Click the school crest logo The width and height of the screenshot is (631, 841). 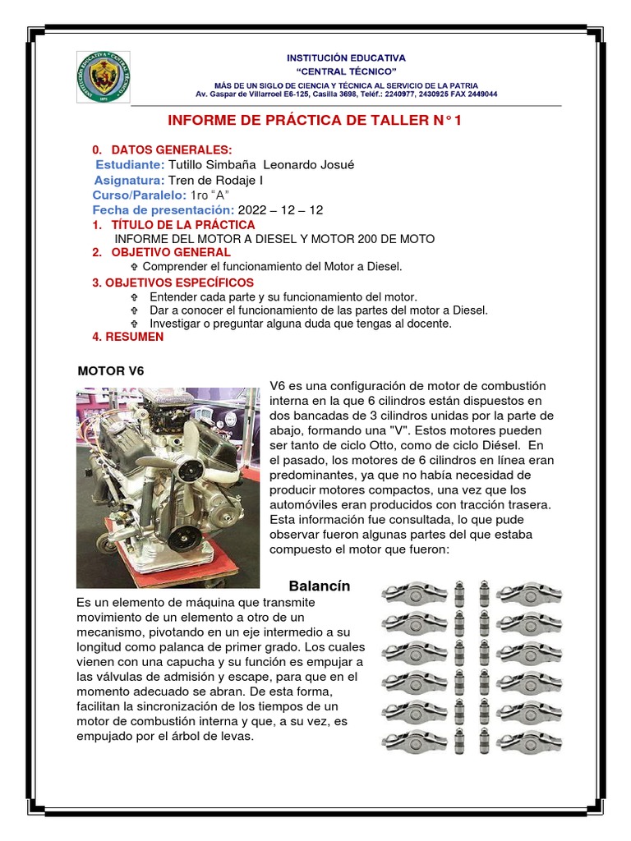[104, 76]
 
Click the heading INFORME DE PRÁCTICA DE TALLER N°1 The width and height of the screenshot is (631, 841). [320, 121]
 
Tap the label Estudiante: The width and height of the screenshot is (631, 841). [130, 164]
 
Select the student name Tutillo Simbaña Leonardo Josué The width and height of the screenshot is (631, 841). [261, 164]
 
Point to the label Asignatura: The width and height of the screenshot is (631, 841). [129, 180]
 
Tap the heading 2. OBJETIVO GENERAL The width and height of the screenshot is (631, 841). [161, 252]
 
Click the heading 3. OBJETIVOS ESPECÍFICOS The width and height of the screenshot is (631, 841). [173, 283]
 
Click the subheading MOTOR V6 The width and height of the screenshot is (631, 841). [111, 370]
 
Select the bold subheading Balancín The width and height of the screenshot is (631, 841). [320, 586]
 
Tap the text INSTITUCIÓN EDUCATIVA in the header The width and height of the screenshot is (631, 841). [345, 58]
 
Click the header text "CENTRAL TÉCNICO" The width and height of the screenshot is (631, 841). [345, 71]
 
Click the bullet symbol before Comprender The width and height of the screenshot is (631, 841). [135, 268]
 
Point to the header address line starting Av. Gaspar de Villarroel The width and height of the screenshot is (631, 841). [345, 94]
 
